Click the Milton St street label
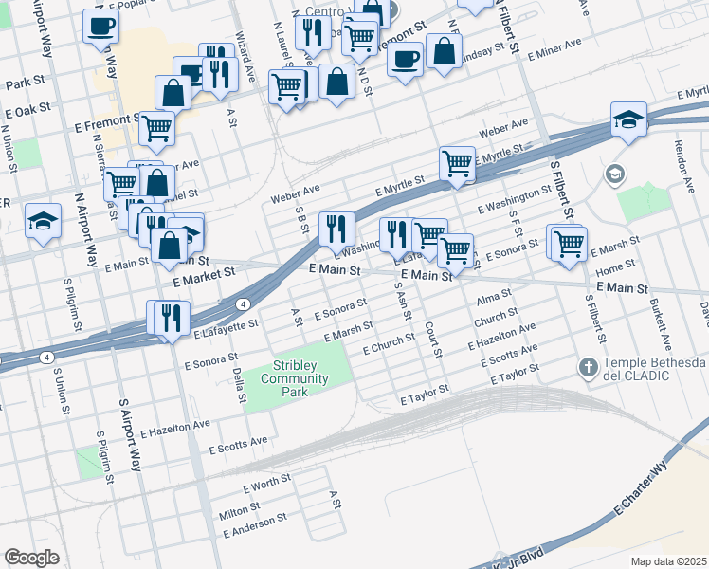240,512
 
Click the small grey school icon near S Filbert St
614,174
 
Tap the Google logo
31,558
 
